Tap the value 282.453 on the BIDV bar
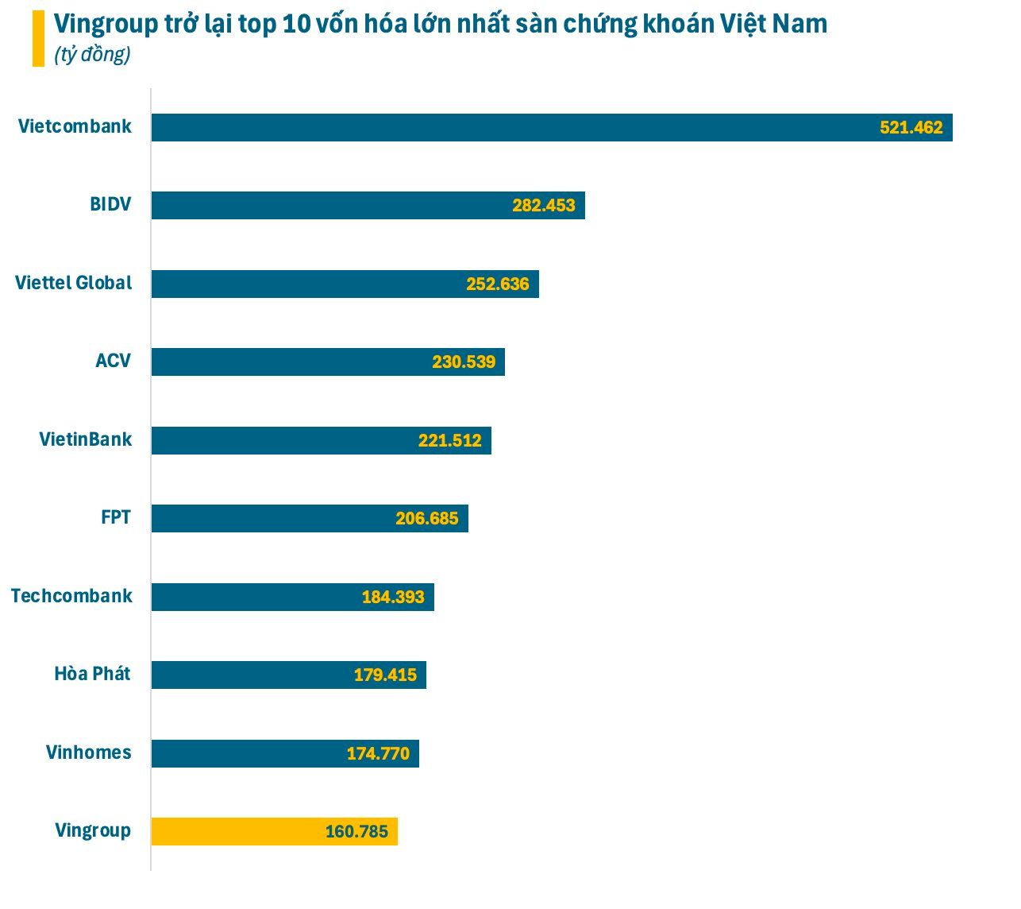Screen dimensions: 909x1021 click(x=544, y=206)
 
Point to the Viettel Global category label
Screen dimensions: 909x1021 click(x=74, y=283)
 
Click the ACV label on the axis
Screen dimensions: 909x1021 click(x=113, y=361)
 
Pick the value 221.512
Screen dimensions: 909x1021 click(x=450, y=441)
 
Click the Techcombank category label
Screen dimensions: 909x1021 click(x=71, y=596)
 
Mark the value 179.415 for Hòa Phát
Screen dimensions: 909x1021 click(x=385, y=675)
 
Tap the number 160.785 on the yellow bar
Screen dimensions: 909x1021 click(x=356, y=832)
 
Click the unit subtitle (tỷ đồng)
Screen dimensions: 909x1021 click(x=92, y=55)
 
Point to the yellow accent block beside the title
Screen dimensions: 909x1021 click(x=38, y=38)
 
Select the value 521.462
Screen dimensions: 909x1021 click(x=911, y=128)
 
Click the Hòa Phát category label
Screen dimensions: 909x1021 click(x=92, y=674)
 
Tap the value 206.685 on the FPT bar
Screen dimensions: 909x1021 click(x=427, y=519)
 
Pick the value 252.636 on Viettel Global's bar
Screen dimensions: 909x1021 click(x=498, y=284)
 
